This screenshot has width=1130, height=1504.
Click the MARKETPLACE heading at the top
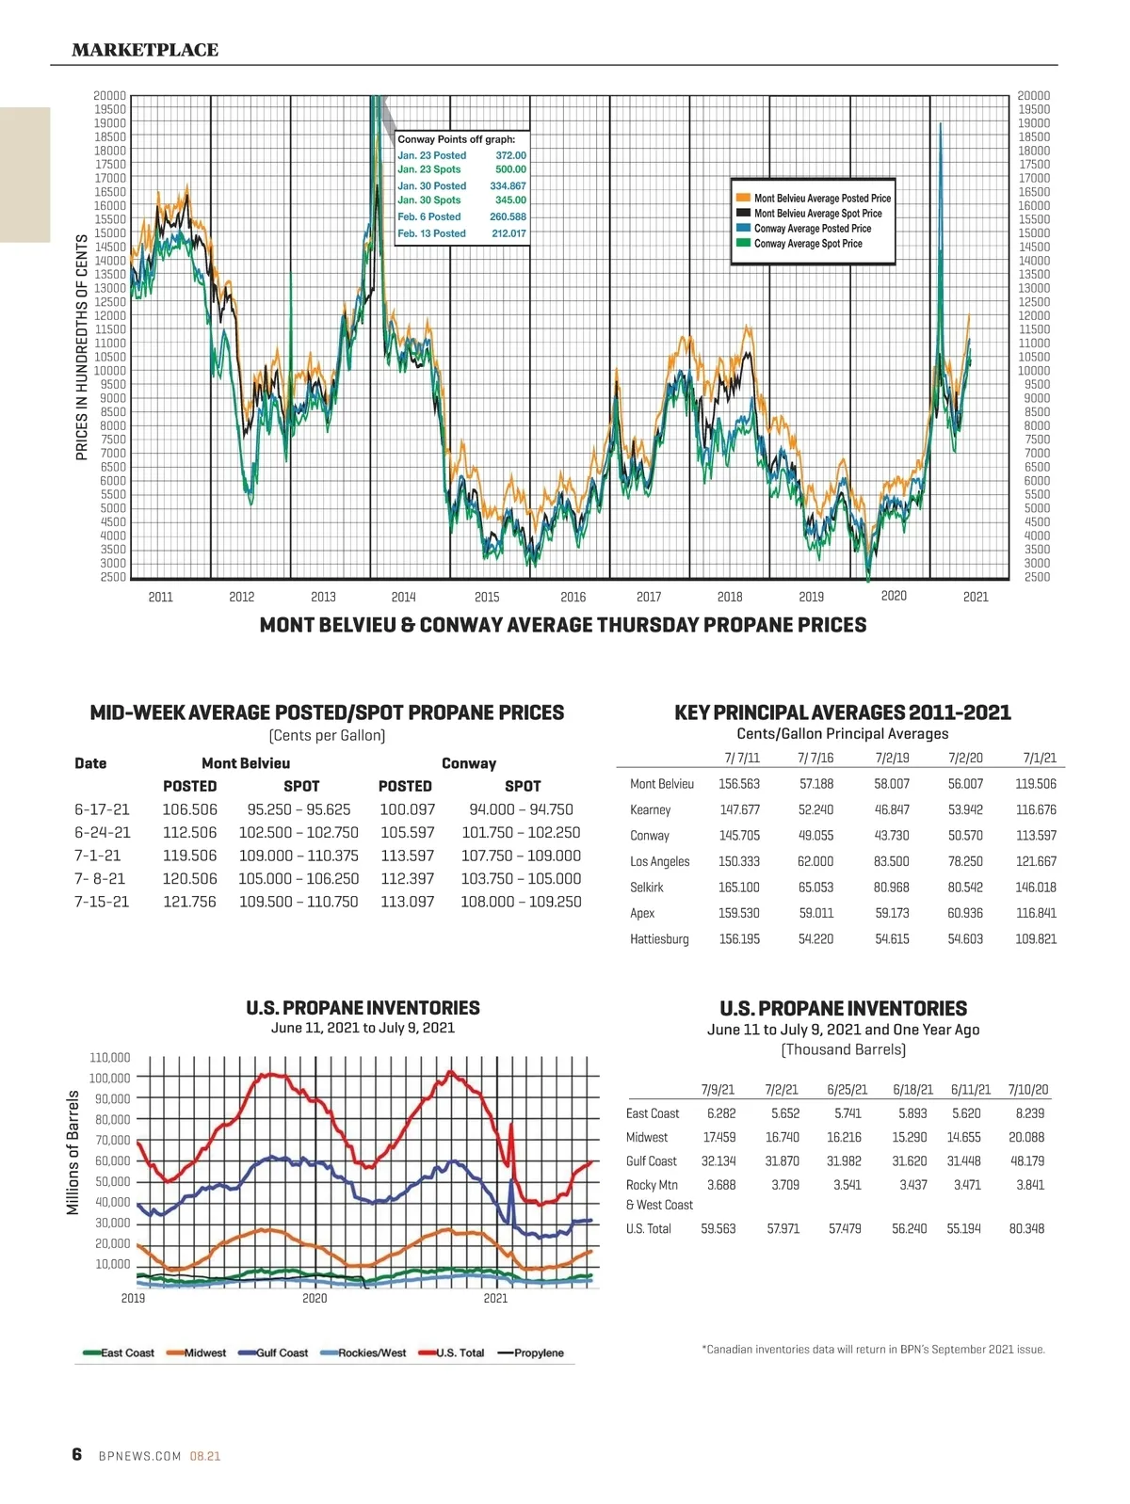tap(145, 50)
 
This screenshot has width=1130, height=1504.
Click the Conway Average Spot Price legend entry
tap(808, 244)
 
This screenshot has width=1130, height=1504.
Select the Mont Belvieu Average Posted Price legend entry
tap(821, 199)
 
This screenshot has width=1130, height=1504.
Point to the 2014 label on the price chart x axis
tap(403, 597)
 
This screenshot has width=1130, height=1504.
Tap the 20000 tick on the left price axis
tap(109, 96)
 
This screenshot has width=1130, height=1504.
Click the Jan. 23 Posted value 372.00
tap(510, 155)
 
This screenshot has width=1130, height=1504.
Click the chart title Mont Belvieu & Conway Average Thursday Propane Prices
tap(563, 625)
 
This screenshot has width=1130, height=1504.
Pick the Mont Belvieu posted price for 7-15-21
tap(189, 902)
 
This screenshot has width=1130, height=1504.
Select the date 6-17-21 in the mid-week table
tap(102, 809)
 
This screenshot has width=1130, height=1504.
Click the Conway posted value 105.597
tap(407, 833)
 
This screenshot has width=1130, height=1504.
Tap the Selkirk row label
tap(647, 888)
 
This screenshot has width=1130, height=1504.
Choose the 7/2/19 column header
tap(892, 758)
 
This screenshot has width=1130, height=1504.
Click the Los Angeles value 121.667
tap(1036, 861)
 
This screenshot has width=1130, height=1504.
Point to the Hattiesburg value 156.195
tap(739, 939)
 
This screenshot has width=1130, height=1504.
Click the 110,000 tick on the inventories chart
tap(110, 1058)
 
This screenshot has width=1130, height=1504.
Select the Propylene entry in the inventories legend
tap(538, 1353)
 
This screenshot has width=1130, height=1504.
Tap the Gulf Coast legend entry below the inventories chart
tap(282, 1353)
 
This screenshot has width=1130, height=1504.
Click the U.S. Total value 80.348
tap(1026, 1228)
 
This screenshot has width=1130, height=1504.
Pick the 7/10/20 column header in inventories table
tap(1027, 1090)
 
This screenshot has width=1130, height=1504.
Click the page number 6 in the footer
tap(77, 1454)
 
